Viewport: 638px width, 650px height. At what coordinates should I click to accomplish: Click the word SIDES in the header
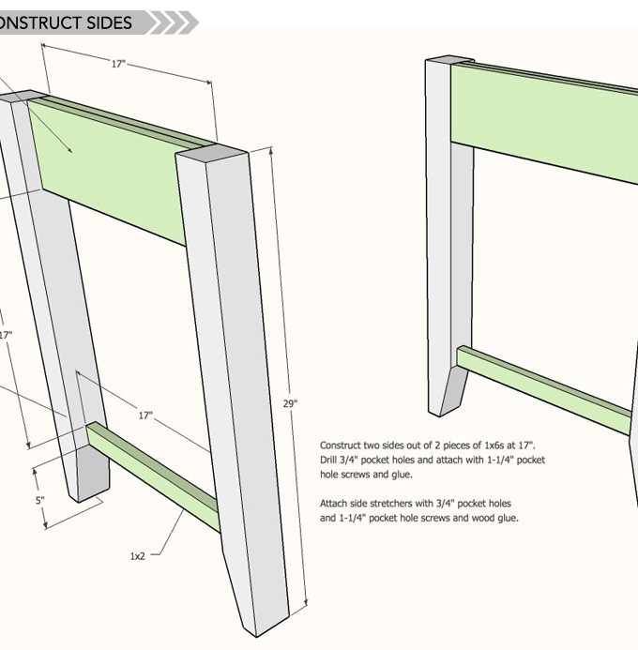tap(110, 23)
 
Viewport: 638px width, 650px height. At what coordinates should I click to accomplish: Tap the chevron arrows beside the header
tap(175, 23)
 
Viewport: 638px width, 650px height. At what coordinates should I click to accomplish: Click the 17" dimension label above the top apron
tap(118, 64)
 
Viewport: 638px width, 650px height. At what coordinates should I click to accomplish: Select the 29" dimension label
tap(290, 403)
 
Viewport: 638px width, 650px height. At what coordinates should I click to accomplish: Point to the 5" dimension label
tap(39, 500)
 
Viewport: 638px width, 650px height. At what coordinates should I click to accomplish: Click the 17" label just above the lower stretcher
tap(145, 416)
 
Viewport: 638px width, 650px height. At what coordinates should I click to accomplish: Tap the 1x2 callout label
tap(138, 556)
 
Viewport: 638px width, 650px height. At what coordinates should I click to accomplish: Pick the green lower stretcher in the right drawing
tap(544, 389)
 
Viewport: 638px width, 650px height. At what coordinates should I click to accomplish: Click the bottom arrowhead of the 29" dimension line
tap(307, 602)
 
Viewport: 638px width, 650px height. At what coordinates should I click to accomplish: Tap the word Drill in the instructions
tap(327, 461)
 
